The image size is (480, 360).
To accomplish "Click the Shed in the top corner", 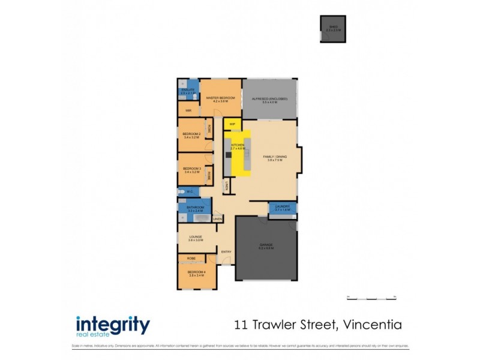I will (332, 29).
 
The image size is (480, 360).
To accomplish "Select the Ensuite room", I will (188, 91).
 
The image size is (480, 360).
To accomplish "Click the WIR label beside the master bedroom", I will (188, 110).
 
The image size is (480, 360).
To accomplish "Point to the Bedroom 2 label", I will (191, 135).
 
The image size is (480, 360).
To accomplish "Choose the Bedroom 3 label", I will (191, 170).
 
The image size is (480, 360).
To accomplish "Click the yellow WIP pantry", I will (232, 124).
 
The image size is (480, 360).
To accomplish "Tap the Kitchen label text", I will (237, 146).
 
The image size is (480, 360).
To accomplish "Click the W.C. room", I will (188, 192).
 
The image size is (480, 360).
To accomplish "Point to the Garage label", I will (266, 245).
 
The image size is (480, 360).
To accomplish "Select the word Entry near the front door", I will (226, 251).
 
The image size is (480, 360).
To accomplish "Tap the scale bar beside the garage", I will (371, 296).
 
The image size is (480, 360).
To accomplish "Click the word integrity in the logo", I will (113, 325).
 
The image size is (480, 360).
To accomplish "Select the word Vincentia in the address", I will (371, 325).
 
